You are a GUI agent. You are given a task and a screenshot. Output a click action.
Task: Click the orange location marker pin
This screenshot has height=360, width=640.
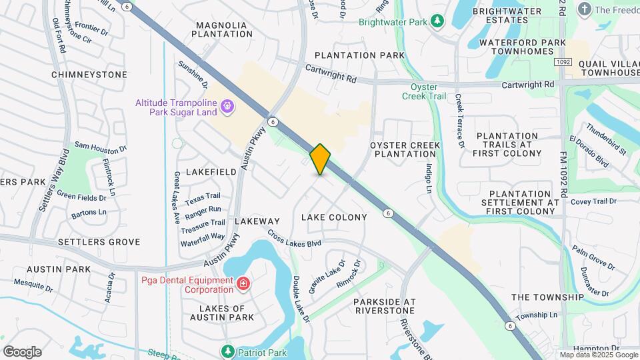tap(320, 159)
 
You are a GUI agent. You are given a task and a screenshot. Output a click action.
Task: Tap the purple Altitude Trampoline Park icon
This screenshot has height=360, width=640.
tap(227, 106)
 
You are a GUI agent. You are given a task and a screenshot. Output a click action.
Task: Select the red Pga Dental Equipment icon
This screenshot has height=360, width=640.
tap(243, 285)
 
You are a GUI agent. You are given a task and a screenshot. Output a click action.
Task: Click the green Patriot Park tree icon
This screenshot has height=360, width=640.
tap(228, 351)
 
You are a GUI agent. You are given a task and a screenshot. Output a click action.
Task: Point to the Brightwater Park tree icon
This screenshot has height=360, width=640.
tap(437, 21)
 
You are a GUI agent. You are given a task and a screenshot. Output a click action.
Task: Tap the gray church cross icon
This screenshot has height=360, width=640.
tap(585, 9)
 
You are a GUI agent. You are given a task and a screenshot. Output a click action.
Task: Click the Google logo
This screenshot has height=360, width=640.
tap(22, 352)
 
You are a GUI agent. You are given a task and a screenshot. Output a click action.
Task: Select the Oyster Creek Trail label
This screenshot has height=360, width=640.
tap(428, 91)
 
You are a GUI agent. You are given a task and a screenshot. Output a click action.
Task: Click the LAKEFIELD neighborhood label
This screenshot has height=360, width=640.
tap(211, 172)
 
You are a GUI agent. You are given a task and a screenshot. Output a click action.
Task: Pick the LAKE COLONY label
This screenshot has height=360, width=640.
tap(334, 217)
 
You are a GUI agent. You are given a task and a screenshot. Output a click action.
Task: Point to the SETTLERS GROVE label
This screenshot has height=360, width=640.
tap(99, 242)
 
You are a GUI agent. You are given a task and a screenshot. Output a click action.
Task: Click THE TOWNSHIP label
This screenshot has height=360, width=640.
tap(547, 297)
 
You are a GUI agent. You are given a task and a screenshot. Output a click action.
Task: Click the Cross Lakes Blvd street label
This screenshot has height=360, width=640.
tap(294, 239)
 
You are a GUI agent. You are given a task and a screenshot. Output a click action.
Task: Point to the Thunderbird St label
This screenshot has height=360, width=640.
tap(607, 139)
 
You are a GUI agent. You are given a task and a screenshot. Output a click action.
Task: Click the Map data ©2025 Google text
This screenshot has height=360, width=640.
tap(598, 355)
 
